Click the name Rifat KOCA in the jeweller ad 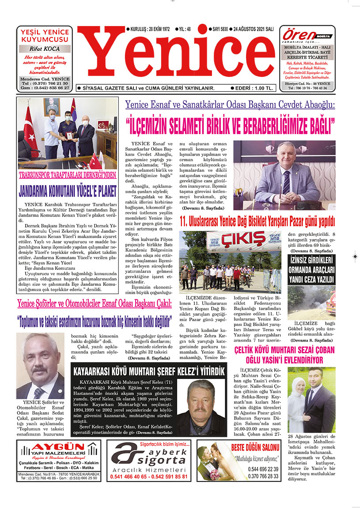pos(45,49)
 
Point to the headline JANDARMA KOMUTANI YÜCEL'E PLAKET pos(68,191)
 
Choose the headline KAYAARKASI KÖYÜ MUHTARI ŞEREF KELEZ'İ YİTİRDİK pos(149,370)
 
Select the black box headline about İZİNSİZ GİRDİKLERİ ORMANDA pos(311,269)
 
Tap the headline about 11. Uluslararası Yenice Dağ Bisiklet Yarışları pos(257,221)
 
